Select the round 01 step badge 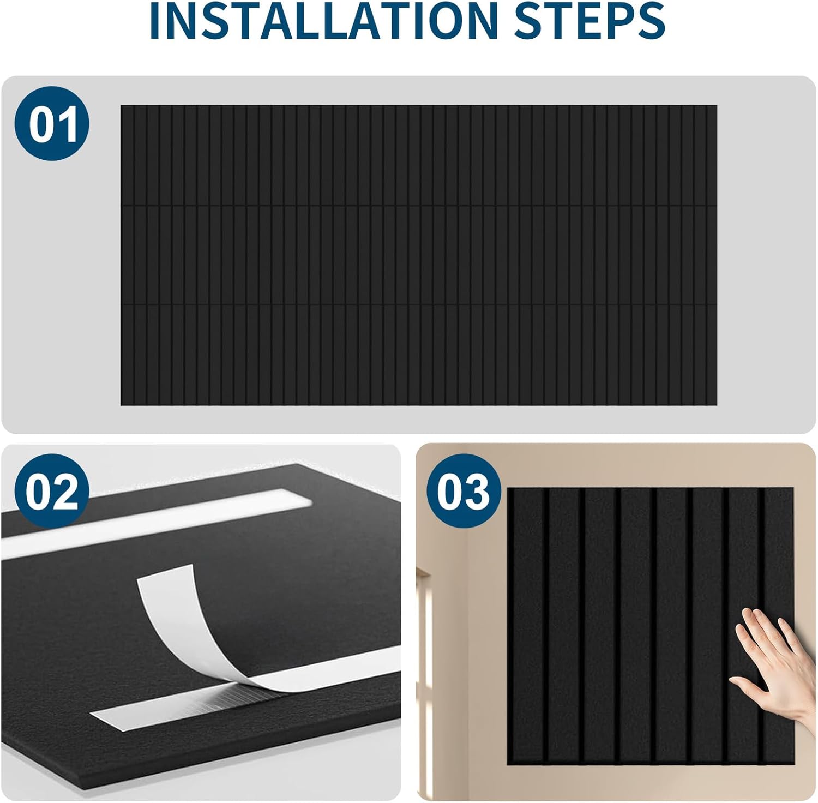pos(52,123)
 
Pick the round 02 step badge pos(52,490)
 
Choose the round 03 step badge pos(464,490)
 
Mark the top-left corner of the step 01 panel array pos(122,106)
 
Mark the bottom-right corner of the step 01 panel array pos(716,404)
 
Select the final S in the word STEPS pos(652,21)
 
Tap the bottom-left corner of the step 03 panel pos(509,763)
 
